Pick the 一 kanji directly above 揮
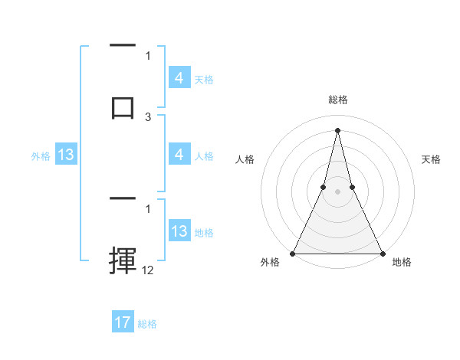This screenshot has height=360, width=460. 123,198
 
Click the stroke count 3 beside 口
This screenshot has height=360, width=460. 148,116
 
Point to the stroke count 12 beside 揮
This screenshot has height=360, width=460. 148,270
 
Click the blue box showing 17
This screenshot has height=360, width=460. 123,322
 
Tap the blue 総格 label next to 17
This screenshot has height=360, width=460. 147,324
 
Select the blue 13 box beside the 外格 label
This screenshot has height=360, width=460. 66,155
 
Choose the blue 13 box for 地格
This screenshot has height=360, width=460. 179,231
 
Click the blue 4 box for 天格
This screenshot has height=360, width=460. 179,77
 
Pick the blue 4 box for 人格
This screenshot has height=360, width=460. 179,155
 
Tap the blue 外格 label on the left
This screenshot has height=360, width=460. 41,156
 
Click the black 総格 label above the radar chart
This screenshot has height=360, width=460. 337,100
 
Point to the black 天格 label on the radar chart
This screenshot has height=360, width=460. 431,159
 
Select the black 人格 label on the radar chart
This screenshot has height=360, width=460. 245,159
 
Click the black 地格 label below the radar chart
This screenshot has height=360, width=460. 402,263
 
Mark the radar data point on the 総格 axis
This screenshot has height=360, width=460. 337,129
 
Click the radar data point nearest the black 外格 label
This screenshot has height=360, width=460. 293,253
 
